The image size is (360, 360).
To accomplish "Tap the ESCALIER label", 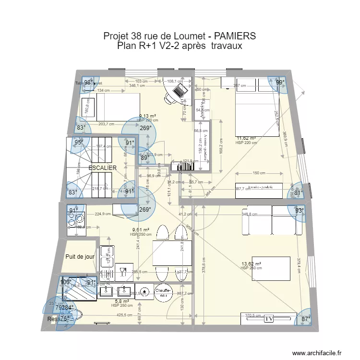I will point(102,168).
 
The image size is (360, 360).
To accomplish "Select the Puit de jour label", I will point(80,257).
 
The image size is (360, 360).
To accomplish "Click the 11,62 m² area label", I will point(245,138).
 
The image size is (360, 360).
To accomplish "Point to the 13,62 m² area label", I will point(251,264).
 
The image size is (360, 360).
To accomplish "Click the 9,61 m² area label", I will point(140,230).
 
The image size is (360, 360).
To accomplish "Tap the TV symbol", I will point(269,318).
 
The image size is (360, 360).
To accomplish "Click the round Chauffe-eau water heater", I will point(164,293).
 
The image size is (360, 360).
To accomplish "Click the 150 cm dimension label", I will point(259,173).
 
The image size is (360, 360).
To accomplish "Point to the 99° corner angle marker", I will point(280,83).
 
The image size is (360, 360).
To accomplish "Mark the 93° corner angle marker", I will point(300,211).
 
